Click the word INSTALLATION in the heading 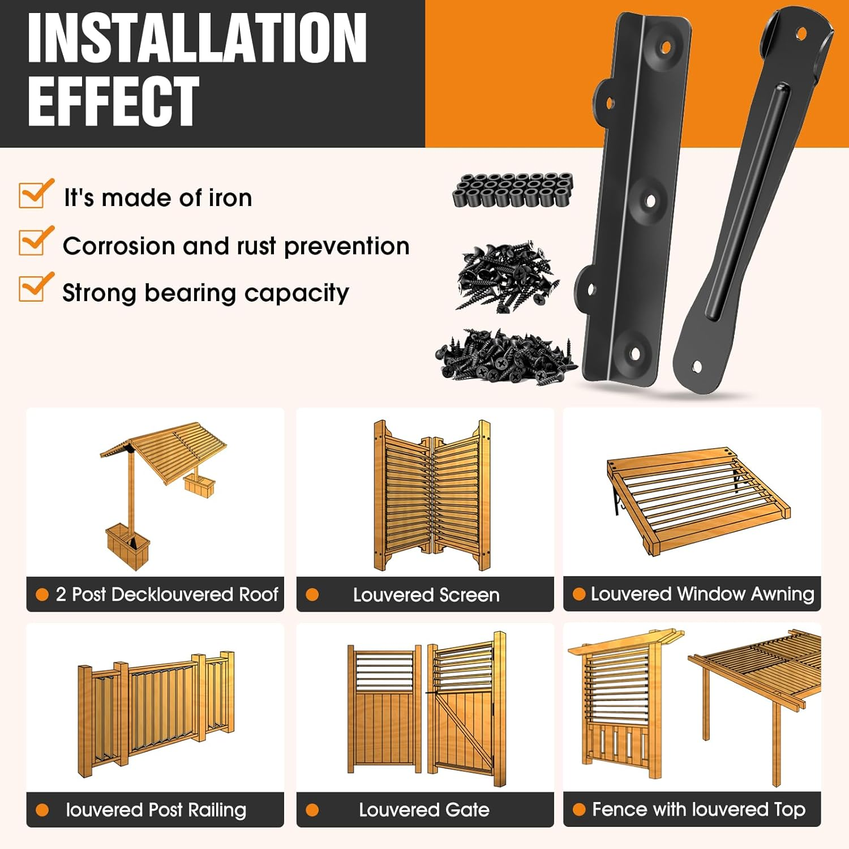pos(197,38)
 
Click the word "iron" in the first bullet pos(230,198)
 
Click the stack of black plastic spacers pos(512,190)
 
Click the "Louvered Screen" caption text pos(426,595)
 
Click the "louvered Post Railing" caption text pos(156,810)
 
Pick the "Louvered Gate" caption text pos(424,810)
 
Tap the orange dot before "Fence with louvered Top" pos(578,809)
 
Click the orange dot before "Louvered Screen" pos(312,595)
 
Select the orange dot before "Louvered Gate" pos(312,810)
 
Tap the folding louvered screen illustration pos(432,495)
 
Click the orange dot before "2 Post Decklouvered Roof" pos(42,594)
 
